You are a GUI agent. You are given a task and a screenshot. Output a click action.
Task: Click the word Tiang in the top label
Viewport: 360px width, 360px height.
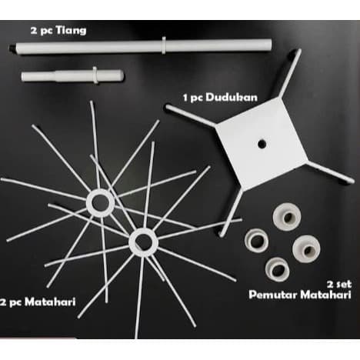tap(71, 31)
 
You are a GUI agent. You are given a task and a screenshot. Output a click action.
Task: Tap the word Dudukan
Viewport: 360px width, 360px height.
tap(232, 98)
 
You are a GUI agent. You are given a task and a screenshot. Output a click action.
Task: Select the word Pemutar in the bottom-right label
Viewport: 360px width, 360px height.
tap(273, 295)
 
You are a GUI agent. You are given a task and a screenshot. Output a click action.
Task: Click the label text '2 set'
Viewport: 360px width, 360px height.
tap(338, 284)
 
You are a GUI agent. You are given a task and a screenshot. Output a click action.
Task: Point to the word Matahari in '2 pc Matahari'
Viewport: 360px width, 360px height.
tap(50, 302)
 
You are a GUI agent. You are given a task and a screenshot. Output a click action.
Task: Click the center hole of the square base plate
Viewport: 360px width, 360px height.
tap(262, 144)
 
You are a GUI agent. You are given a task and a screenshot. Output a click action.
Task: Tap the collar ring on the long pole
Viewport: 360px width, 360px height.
tap(164, 45)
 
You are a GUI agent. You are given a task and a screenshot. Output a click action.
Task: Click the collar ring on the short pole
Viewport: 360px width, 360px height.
tap(95, 75)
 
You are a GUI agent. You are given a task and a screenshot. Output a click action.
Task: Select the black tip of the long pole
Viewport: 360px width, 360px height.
tap(12, 48)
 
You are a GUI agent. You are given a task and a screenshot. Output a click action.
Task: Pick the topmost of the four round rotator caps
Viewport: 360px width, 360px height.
tap(287, 217)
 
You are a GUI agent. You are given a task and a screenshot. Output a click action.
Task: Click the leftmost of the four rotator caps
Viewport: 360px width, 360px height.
tap(256, 240)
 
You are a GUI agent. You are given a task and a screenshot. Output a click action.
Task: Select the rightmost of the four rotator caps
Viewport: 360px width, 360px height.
tap(306, 248)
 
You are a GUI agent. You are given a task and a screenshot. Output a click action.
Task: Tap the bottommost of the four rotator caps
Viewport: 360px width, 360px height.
tap(278, 269)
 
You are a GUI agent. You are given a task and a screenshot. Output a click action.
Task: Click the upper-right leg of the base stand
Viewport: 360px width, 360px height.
tap(290, 74)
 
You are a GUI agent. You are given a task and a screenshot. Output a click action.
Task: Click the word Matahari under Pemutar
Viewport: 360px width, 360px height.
tap(325, 295)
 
